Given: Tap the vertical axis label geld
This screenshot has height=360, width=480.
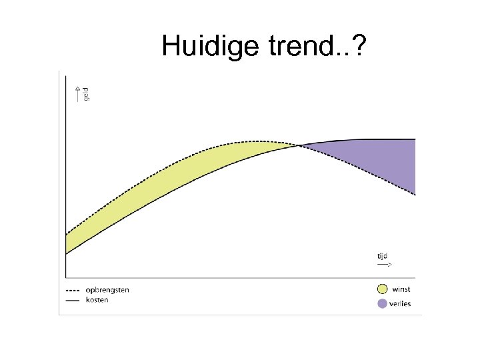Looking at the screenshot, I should click(x=86, y=94).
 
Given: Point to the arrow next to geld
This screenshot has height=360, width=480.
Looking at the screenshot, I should click(x=77, y=94).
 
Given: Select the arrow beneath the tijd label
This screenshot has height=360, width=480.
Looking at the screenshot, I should click(x=384, y=265).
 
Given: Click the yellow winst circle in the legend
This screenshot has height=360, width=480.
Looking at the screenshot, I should click(x=382, y=289).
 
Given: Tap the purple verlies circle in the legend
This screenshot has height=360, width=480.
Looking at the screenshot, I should click(x=382, y=304).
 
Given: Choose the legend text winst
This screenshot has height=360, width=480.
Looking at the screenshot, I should click(x=401, y=289).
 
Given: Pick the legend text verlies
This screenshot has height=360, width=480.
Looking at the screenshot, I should click(x=402, y=304).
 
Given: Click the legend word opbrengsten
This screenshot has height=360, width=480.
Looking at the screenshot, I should click(x=107, y=290).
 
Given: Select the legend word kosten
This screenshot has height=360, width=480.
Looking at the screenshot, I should click(x=97, y=300).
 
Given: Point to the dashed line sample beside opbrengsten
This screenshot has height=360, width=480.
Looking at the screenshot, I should click(x=73, y=291).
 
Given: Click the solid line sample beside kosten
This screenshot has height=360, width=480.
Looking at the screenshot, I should click(x=73, y=301).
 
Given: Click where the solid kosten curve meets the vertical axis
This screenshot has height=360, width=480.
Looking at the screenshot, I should click(x=67, y=253).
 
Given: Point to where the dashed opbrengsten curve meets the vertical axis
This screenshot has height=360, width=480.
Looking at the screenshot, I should click(x=67, y=233).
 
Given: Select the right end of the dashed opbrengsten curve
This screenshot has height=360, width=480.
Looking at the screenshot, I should click(x=415, y=195).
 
